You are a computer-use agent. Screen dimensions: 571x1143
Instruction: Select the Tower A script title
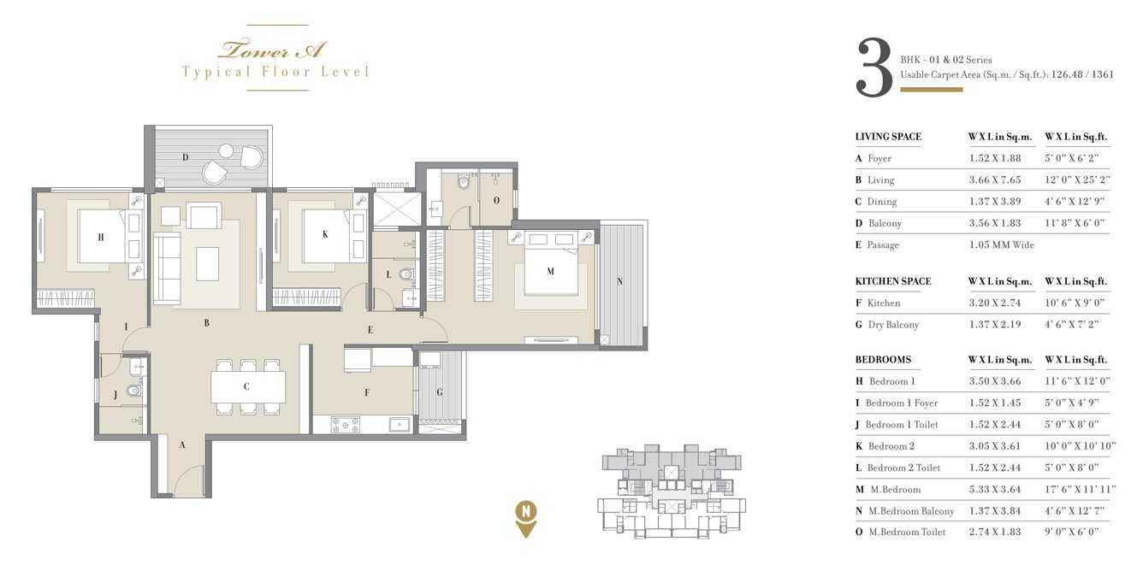coord(273,49)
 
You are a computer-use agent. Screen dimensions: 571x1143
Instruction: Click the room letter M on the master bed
coord(550,272)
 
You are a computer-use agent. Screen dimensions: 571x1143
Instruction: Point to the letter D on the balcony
coord(185,157)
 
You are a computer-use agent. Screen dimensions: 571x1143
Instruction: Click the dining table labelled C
coord(246,386)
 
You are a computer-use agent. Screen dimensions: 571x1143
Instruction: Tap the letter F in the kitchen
coord(367,393)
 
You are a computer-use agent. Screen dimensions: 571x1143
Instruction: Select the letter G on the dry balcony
coord(440,392)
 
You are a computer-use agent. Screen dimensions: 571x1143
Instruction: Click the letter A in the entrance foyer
coord(181,444)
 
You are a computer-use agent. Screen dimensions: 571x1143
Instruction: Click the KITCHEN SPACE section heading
coord(892,281)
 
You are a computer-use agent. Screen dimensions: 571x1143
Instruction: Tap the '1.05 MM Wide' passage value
coord(1001,245)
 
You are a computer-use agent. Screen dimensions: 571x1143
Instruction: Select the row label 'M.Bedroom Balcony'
coord(910,511)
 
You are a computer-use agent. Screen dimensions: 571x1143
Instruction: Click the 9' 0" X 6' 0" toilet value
coord(1071,533)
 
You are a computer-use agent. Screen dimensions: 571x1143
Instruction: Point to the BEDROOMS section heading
coord(883,360)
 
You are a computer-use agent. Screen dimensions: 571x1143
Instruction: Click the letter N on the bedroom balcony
coord(619,282)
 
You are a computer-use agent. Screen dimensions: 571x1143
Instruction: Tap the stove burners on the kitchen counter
coord(346,424)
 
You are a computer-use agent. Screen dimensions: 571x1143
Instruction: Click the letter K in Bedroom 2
coord(325,234)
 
